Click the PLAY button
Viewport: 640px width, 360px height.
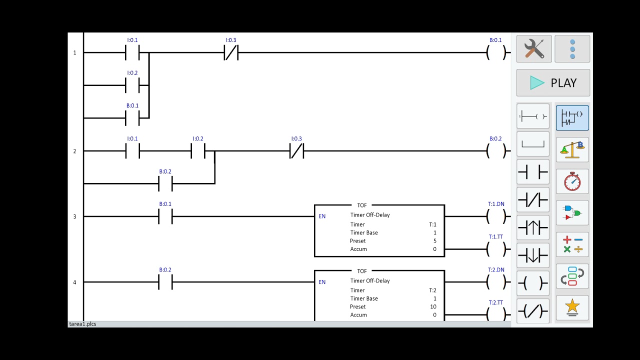tap(553, 83)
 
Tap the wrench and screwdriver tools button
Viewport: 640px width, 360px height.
tap(534, 49)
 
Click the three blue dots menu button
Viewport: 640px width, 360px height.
tap(572, 49)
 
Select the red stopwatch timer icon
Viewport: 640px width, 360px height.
tap(572, 181)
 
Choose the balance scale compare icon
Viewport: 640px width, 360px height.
tap(572, 149)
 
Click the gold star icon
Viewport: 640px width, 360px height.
tap(572, 308)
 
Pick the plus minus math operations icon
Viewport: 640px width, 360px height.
tap(572, 244)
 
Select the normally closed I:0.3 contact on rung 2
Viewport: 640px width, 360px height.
tap(296, 151)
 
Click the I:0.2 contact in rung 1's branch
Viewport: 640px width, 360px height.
tap(132, 85)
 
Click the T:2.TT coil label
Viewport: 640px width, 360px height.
tap(495, 302)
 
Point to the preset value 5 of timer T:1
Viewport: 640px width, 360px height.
tap(435, 241)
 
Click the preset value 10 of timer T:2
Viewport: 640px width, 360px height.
tap(433, 306)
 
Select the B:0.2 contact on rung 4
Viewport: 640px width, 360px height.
tap(165, 282)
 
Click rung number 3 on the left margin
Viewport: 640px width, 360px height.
tap(75, 216)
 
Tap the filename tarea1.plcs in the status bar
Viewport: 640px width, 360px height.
tap(82, 324)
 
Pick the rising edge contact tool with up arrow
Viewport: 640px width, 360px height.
tap(533, 227)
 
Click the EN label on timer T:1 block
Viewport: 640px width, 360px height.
tap(322, 216)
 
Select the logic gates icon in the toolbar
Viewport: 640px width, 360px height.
tap(572, 213)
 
